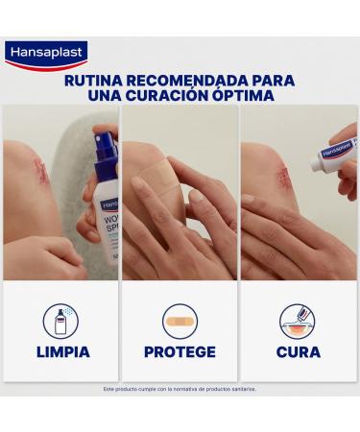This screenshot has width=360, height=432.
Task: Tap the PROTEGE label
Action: point(180,351)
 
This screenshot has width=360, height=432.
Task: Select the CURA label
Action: point(299,351)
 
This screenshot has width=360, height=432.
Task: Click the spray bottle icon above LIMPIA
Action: point(60,320)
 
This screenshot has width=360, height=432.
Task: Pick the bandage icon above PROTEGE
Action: point(180,320)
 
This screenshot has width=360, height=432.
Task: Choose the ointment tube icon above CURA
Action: point(298,320)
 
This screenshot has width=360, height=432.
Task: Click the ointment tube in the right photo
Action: point(332,151)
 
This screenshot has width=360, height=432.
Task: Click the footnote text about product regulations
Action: point(180,389)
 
